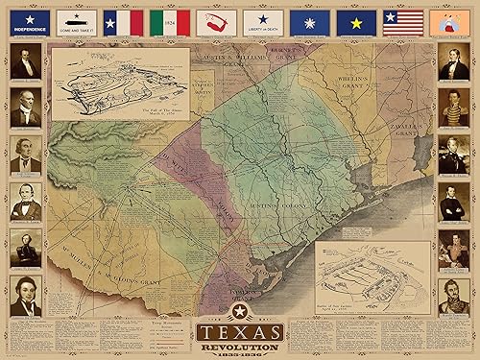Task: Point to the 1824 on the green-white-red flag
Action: point(169,19)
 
